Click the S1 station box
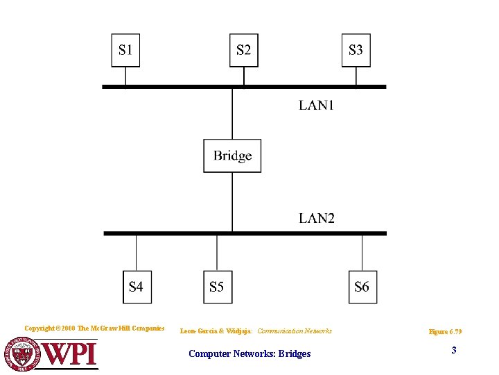[125, 50]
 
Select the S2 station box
[243, 50]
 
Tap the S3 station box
[356, 50]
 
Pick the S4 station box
[137, 286]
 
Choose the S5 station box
[217, 286]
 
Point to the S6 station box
[362, 286]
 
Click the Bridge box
[232, 156]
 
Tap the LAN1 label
[316, 105]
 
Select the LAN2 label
[317, 218]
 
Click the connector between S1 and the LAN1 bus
[125, 76]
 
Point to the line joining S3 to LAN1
[356, 76]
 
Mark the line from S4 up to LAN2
[137, 253]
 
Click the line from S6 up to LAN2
[362, 253]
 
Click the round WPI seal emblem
[23, 353]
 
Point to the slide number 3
[454, 350]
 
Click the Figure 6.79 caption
[446, 332]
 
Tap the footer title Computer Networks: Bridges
[249, 354]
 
